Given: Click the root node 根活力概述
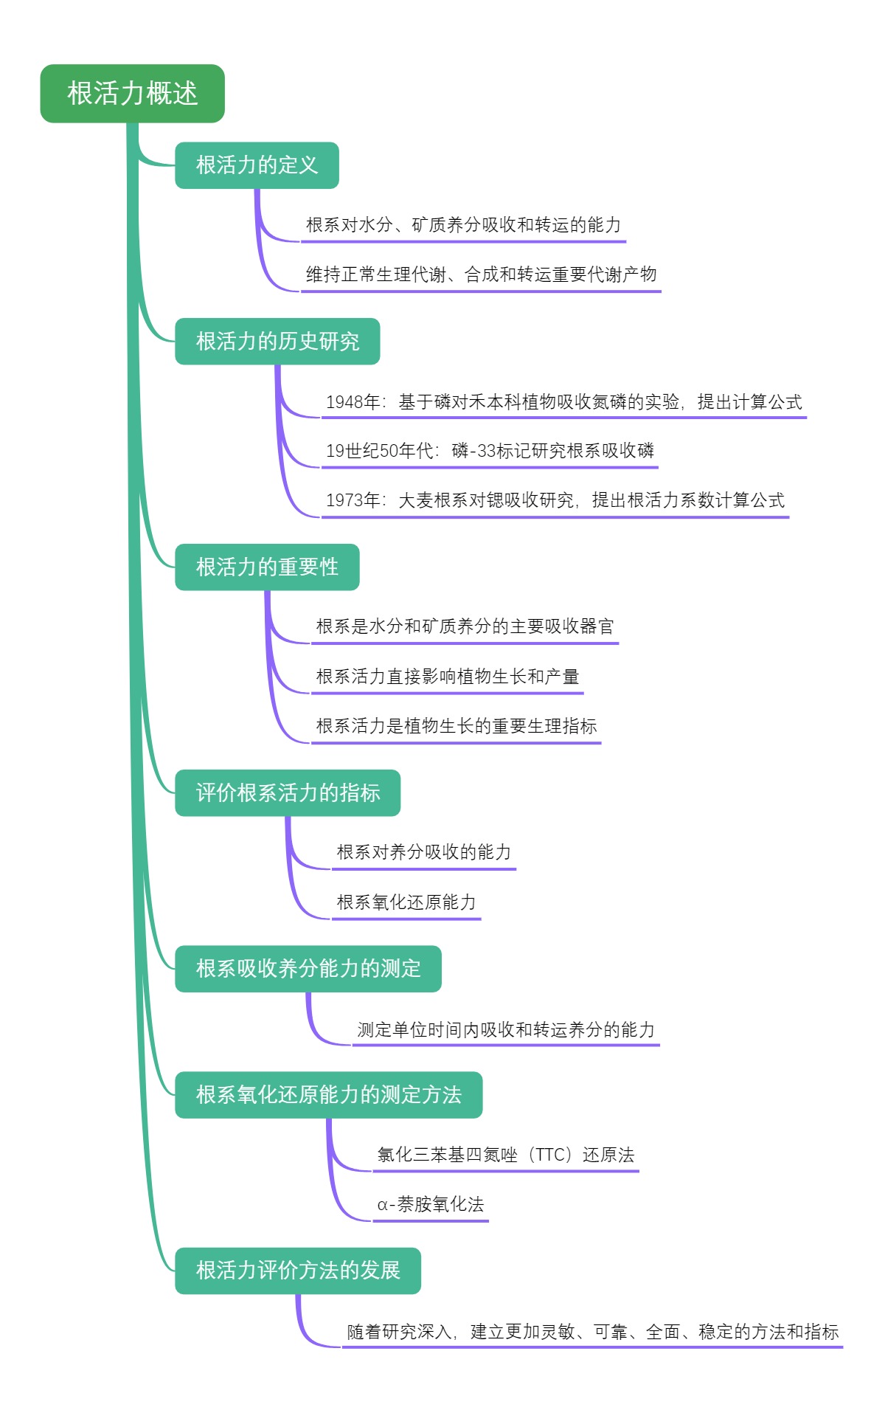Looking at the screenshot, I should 132,94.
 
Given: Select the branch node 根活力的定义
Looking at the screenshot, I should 257,165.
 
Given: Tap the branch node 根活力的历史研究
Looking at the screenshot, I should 277,342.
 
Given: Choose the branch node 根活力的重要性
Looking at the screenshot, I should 267,567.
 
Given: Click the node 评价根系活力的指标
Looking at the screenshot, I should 288,793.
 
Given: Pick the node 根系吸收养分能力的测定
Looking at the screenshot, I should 308,969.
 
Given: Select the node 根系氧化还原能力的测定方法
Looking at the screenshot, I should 329,1095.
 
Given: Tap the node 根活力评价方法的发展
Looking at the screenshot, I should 298,1271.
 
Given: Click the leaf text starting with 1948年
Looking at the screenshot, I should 563,402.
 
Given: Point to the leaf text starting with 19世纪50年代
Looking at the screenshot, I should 490,451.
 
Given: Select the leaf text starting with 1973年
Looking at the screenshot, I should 555,500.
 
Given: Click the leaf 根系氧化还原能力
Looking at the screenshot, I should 406,902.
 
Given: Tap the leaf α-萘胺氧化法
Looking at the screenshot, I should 431,1205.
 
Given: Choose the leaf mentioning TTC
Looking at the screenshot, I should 506,1155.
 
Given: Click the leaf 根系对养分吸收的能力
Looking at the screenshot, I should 424,852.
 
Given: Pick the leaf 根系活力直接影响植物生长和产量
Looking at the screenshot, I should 448,677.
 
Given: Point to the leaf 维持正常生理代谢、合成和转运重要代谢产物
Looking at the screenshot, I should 481,274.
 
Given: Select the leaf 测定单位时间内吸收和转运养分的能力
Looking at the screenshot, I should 506,1030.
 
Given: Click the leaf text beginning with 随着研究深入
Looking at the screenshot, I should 593,1332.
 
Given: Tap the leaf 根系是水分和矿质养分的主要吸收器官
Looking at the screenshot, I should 465,626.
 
